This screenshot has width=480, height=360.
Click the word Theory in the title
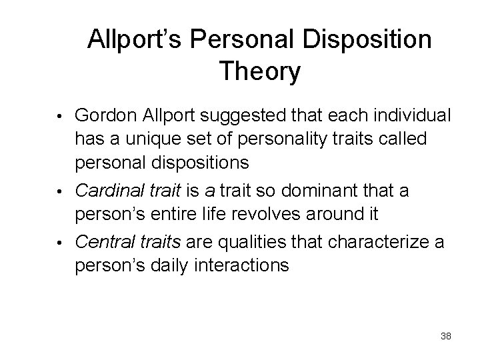tap(259, 71)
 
